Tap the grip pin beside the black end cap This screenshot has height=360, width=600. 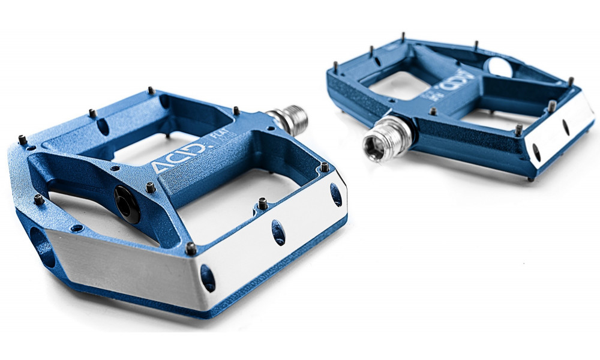(151, 187)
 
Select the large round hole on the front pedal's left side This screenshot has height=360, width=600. (40, 244)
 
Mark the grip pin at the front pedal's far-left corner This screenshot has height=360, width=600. (22, 139)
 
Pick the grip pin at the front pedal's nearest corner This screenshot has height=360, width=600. (191, 247)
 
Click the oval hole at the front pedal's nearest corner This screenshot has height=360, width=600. (208, 278)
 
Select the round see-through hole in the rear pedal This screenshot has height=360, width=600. (500, 67)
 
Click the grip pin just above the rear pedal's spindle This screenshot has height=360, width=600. (433, 111)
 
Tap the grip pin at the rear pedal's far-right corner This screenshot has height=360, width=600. (570, 81)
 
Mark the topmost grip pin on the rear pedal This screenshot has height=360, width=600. (404, 35)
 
